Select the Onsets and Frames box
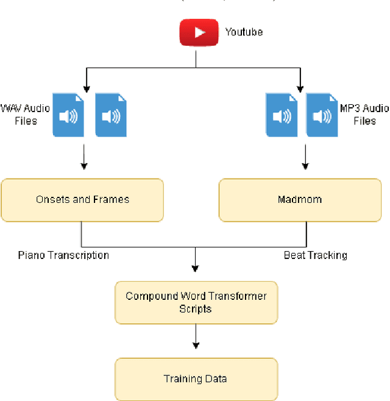tap(82, 199)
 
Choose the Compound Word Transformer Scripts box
tap(196, 302)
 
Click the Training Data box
tap(196, 378)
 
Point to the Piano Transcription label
tap(64, 255)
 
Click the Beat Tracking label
tap(316, 255)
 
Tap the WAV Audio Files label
tap(26, 115)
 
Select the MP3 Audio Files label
tap(364, 115)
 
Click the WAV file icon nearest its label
tap(69, 115)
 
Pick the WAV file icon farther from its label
tap(111, 115)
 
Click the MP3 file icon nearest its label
tap(322, 115)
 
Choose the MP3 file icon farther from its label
tap(281, 115)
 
